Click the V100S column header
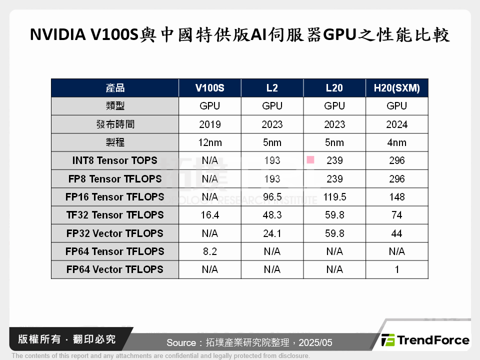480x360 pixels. click(210, 88)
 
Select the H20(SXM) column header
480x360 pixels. click(397, 88)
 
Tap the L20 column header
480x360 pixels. click(334, 88)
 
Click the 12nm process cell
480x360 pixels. click(210, 142)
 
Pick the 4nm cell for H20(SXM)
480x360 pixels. click(397, 142)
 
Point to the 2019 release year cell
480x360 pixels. click(210, 124)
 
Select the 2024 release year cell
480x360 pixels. click(397, 124)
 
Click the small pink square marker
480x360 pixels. click(310, 159)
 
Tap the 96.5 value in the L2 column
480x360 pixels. click(272, 197)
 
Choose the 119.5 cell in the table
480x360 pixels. click(334, 197)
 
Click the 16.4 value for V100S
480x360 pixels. click(210, 215)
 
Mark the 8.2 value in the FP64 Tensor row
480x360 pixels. click(210, 251)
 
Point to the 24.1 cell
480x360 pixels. click(272, 233)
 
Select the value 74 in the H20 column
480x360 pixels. click(397, 215)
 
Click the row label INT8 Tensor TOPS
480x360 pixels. click(114, 160)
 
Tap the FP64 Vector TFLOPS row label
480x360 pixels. click(114, 269)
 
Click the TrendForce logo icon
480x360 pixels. click(388, 340)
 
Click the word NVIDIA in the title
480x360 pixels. click(56, 35)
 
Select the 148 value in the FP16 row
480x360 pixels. click(397, 197)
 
